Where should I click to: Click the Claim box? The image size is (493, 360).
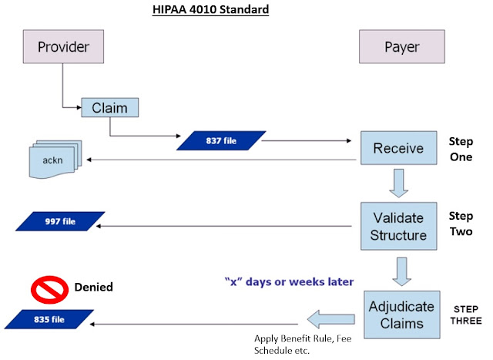click(x=110, y=107)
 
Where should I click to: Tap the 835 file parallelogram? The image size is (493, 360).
click(x=48, y=317)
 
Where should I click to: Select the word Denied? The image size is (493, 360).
click(x=93, y=287)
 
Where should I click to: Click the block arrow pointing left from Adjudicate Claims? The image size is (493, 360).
click(x=329, y=317)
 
